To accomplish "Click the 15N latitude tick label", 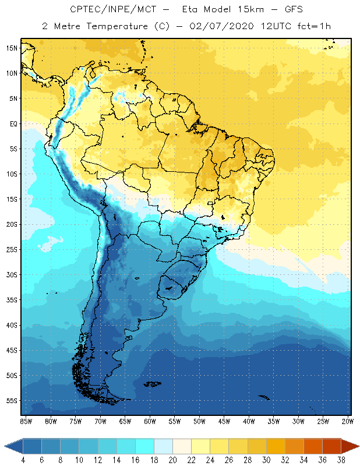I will tap(12, 48).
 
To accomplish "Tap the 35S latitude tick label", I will tap(12, 299).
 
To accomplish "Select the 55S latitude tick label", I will tap(12, 400).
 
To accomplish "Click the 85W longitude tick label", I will tap(26, 421).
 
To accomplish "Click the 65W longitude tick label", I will tap(125, 421).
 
